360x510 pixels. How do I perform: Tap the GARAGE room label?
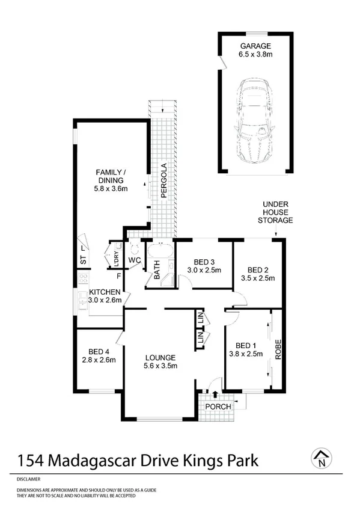(x=256, y=46)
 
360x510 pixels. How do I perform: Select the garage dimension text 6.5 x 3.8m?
(x=256, y=55)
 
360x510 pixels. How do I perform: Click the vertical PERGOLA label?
(x=163, y=181)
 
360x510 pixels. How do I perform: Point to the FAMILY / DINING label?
(x=109, y=176)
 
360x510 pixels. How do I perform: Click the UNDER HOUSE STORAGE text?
(x=277, y=213)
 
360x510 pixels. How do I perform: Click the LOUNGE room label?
(x=159, y=357)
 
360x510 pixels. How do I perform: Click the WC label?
(x=135, y=260)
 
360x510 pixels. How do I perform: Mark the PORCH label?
(x=218, y=407)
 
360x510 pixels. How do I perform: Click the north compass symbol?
(x=323, y=459)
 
